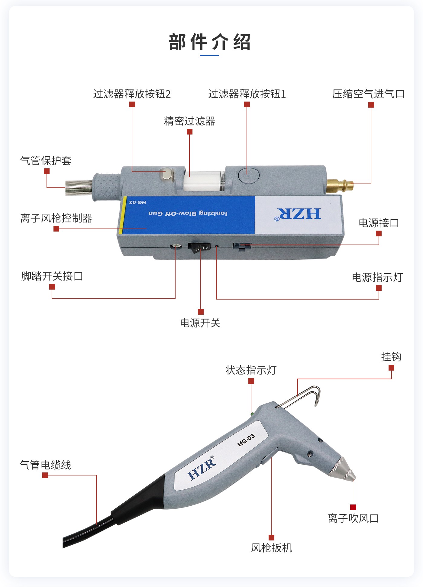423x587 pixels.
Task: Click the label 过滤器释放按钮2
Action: pyautogui.click(x=132, y=94)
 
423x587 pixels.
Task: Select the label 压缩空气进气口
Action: pyautogui.click(x=368, y=94)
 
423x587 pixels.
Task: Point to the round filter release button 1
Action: pyautogui.click(x=249, y=175)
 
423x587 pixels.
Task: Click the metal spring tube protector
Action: pyautogui.click(x=79, y=187)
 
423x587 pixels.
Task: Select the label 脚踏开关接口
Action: pyautogui.click(x=52, y=276)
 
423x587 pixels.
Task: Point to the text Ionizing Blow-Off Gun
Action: pyautogui.click(x=188, y=213)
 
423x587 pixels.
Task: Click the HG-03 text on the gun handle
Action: pyautogui.click(x=246, y=440)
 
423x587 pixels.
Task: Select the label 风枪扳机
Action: pyautogui.click(x=271, y=548)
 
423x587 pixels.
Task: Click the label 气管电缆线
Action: pyautogui.click(x=45, y=465)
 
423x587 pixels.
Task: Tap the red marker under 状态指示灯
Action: pyautogui.click(x=251, y=381)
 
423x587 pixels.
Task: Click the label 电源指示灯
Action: pyautogui.click(x=377, y=277)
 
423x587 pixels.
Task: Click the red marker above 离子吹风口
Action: pyautogui.click(x=353, y=507)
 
